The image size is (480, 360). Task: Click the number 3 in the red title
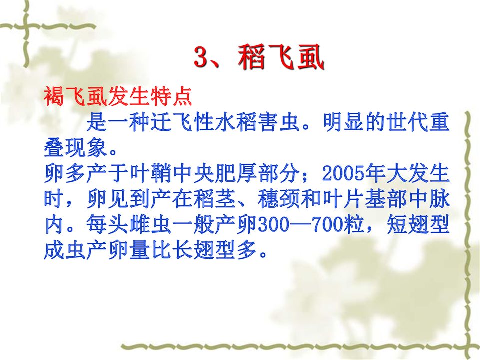[x=201, y=57]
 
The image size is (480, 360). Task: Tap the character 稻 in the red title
[x=251, y=57]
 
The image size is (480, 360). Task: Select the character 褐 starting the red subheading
[x=54, y=96]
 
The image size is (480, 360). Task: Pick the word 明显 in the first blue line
[x=344, y=122]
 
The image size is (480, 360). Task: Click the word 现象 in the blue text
[x=86, y=148]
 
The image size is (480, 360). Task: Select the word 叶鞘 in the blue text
[x=151, y=173]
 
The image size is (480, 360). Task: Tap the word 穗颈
[x=279, y=199]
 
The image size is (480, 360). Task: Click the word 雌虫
[x=151, y=224]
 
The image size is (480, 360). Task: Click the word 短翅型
[x=418, y=224]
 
